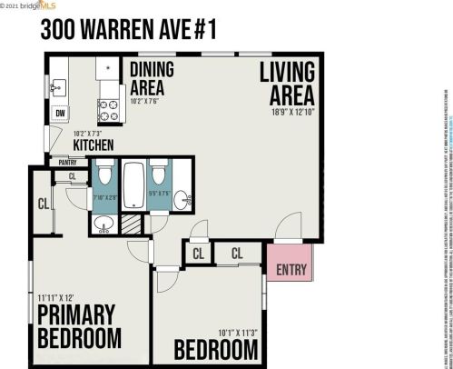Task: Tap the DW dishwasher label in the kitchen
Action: pos(59,114)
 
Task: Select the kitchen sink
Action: pos(57,88)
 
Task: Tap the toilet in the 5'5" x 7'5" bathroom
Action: pos(158,172)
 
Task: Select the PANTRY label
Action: pos(67,163)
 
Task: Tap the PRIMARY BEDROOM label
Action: pos(79,327)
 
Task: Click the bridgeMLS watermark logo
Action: pos(32,5)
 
